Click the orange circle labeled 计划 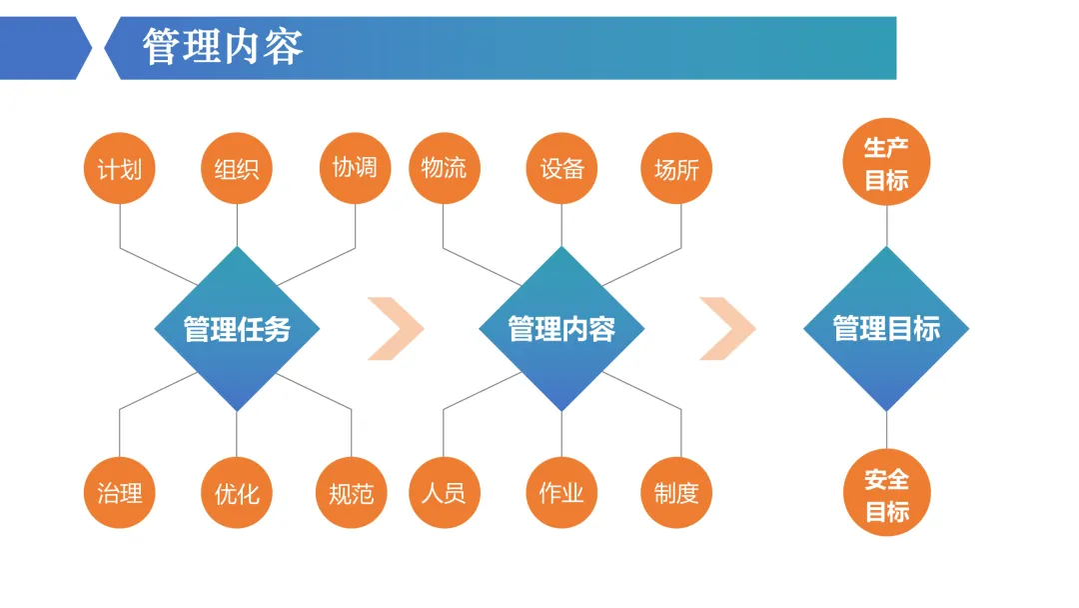[x=120, y=168]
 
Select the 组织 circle [x=237, y=168]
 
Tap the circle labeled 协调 [x=355, y=168]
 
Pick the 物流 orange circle [x=445, y=168]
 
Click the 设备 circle [x=561, y=168]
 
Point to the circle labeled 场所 [x=676, y=168]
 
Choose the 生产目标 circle [x=886, y=162]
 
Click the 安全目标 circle [x=886, y=492]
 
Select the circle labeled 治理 [x=120, y=492]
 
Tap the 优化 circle [x=237, y=492]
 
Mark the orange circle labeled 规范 [x=352, y=492]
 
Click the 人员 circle [x=445, y=492]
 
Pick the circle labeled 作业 [x=561, y=492]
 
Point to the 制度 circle [x=676, y=492]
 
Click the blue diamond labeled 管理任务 [x=237, y=328]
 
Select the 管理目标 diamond [x=886, y=328]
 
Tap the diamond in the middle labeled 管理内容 [x=561, y=328]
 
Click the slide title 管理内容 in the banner [x=222, y=47]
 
